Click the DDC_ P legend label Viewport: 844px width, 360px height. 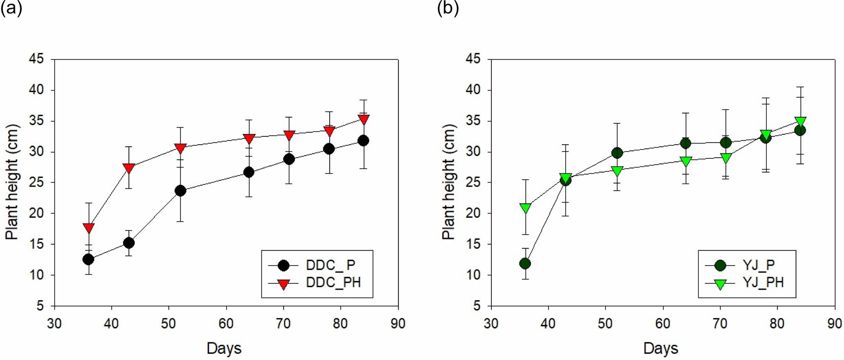click(x=331, y=265)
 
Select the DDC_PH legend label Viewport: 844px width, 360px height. click(x=333, y=283)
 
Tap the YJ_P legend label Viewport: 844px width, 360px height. click(x=759, y=265)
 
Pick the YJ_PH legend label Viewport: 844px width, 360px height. click(x=763, y=283)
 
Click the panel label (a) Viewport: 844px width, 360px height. click(x=11, y=8)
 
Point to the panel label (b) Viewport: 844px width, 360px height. click(x=448, y=8)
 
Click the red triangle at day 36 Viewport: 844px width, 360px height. click(x=89, y=228)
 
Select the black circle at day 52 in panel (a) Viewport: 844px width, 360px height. click(x=180, y=191)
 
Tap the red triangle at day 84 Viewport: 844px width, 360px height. click(x=364, y=119)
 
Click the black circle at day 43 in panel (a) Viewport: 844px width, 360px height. click(x=129, y=243)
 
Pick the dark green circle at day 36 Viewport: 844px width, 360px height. click(x=525, y=263)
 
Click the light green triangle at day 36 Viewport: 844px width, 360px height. click(x=526, y=208)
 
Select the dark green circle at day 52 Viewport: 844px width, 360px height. click(x=617, y=153)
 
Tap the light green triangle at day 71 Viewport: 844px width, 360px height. click(x=726, y=158)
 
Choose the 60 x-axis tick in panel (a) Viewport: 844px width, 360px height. click(x=226, y=324)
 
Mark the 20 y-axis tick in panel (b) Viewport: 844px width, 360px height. click(x=473, y=213)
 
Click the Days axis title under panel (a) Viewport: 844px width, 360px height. click(x=224, y=348)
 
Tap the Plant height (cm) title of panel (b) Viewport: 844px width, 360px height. click(x=449, y=182)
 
